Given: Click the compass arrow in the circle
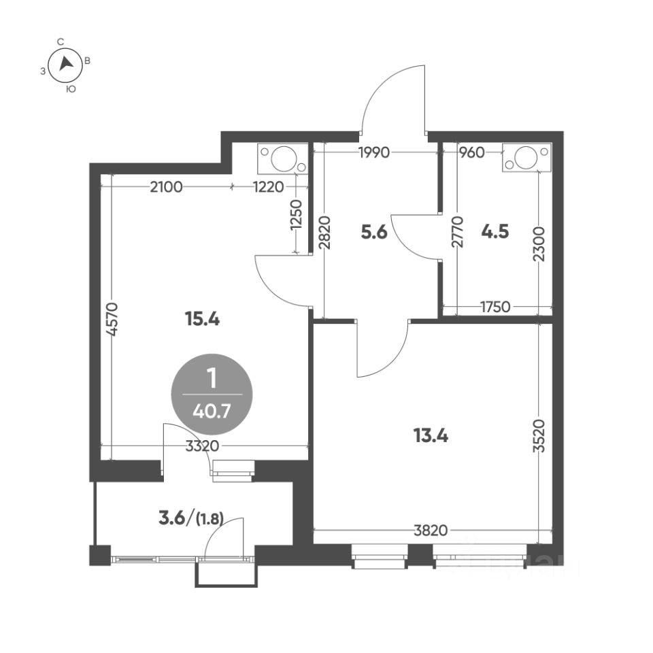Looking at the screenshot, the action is [65, 63].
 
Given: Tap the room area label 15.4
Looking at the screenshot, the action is [202, 320].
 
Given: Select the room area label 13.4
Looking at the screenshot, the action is [430, 436].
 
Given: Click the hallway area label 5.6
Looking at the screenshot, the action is [374, 232].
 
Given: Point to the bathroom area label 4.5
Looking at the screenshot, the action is [495, 231].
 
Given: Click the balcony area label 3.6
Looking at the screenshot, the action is [172, 519].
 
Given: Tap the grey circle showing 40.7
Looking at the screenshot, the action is [212, 394].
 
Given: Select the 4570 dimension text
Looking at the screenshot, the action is [113, 319].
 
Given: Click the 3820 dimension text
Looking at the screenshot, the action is [431, 530].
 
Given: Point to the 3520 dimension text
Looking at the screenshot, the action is [539, 435].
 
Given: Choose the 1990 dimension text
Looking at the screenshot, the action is [373, 153].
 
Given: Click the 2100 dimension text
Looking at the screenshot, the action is [166, 188].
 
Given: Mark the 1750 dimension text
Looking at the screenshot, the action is [495, 307].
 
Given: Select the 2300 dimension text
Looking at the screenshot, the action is [539, 244].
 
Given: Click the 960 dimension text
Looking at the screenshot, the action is [471, 153].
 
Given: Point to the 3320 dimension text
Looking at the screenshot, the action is [203, 446].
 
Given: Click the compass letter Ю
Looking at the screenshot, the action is [71, 88].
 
